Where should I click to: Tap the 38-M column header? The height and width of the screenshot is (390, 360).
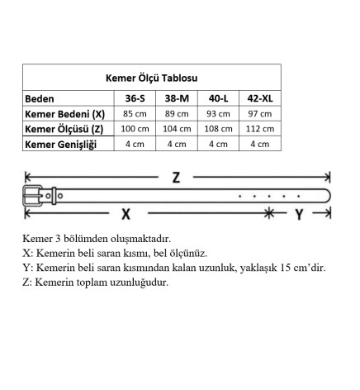(x=177, y=98)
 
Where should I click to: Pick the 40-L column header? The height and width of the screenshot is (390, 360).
(x=218, y=98)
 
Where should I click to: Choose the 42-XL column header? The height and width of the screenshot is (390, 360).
(x=259, y=98)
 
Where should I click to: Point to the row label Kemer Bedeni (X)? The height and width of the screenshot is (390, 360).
(x=65, y=114)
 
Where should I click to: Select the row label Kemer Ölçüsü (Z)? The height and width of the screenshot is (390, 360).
(x=64, y=129)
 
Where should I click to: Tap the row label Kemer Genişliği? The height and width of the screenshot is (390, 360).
(x=61, y=145)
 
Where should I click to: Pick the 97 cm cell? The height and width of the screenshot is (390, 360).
(x=259, y=114)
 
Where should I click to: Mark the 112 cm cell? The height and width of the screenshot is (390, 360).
(x=259, y=129)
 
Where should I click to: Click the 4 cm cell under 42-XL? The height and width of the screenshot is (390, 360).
(x=259, y=145)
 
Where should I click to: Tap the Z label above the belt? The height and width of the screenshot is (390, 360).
(x=176, y=177)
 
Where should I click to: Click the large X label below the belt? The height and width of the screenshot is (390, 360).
(x=126, y=213)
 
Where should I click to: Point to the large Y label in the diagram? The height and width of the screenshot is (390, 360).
(x=300, y=213)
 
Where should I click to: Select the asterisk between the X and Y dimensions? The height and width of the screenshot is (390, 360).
(x=269, y=213)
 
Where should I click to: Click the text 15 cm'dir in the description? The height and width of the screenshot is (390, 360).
(x=299, y=267)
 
